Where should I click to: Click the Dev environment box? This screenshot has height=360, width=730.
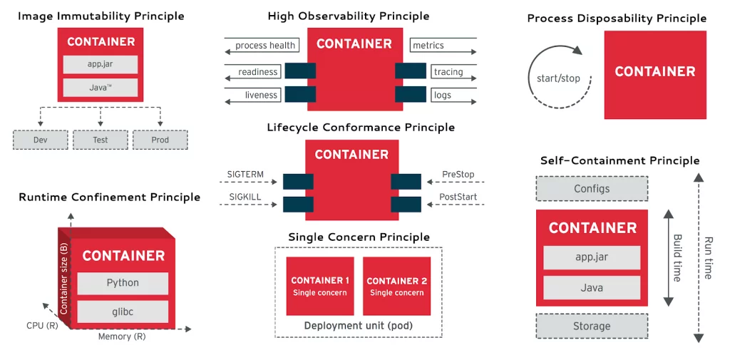click(41, 140)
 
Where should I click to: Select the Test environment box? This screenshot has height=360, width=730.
click(101, 140)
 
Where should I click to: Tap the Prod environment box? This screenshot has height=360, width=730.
click(160, 140)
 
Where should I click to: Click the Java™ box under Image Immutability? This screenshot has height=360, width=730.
click(101, 88)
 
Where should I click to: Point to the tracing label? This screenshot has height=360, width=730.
click(448, 72)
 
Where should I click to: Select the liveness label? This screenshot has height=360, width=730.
click(261, 95)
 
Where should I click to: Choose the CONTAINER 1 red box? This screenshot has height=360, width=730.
click(320, 286)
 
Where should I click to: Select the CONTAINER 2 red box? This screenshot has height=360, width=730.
click(397, 286)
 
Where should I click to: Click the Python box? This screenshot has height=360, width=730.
click(123, 283)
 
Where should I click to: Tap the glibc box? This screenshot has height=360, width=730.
click(123, 312)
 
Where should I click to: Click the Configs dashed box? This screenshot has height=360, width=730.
click(592, 189)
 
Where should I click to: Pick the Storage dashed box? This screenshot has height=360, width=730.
click(592, 326)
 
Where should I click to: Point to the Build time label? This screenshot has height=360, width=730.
click(678, 258)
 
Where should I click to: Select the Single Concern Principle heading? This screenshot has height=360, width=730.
click(359, 237)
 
